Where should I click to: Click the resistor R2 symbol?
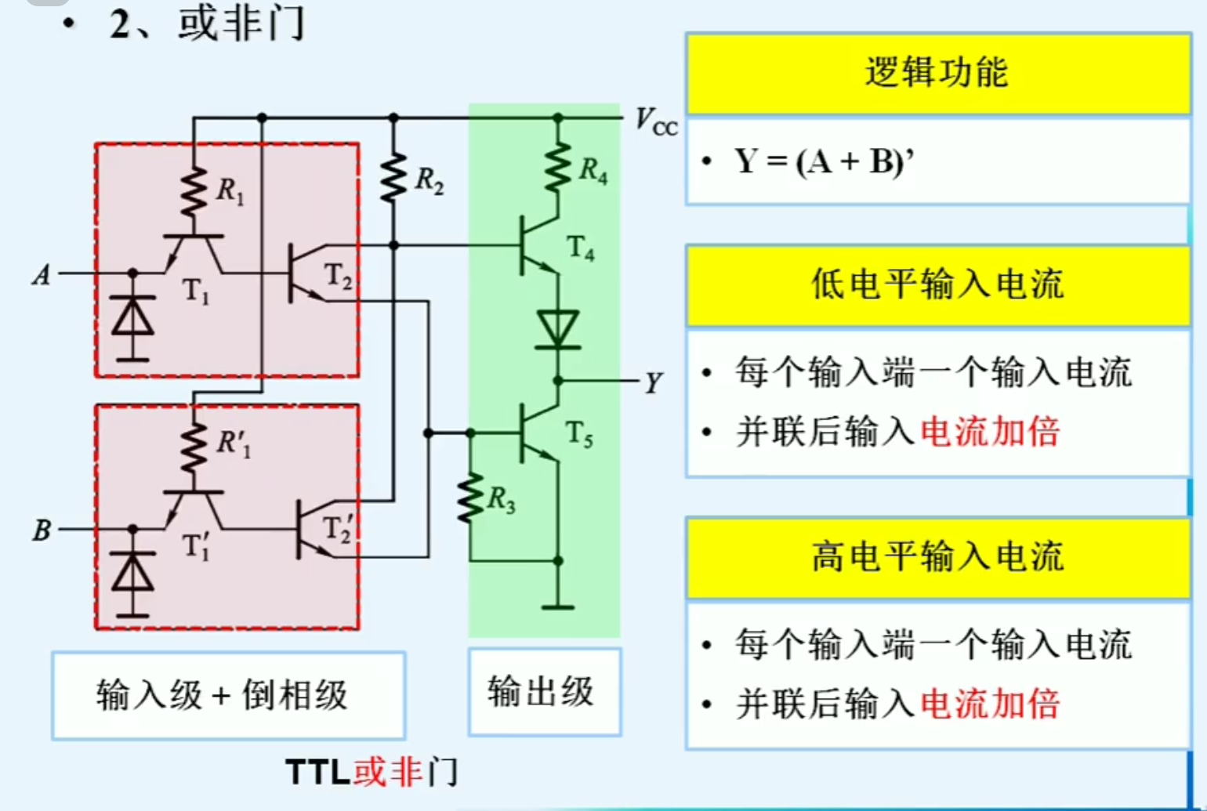(x=393, y=179)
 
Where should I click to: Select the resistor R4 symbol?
(x=558, y=166)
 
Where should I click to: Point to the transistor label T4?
(x=581, y=248)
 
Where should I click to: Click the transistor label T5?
(x=579, y=433)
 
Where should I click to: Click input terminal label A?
(x=41, y=275)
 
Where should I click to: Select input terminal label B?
(x=41, y=530)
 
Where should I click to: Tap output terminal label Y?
(x=654, y=383)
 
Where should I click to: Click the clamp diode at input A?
(x=132, y=318)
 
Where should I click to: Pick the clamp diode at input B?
(x=132, y=574)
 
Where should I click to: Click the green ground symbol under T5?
(x=558, y=606)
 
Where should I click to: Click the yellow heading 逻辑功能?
(x=937, y=73)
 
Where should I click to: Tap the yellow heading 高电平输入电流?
(x=937, y=558)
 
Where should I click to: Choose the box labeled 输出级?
(x=545, y=692)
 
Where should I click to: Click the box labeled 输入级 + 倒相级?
(x=228, y=695)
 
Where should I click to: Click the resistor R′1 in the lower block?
(x=194, y=448)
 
